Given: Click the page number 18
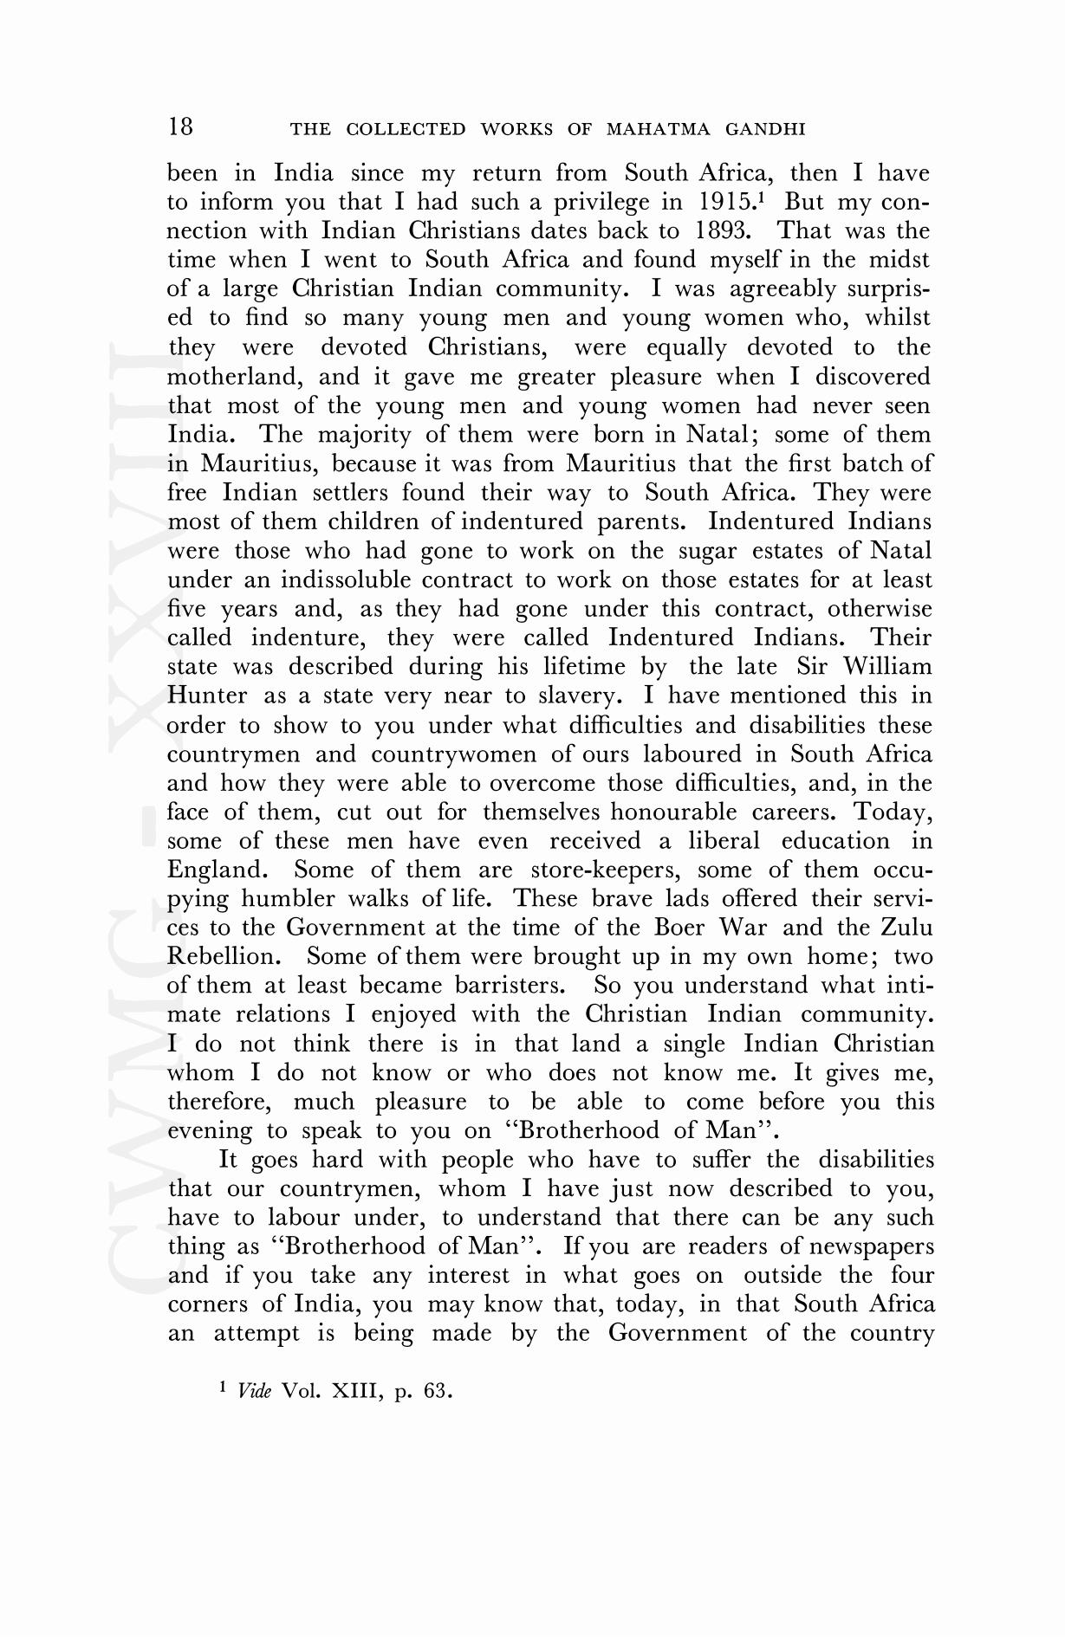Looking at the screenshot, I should coord(180,127).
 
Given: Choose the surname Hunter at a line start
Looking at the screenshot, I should coord(206,696).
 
